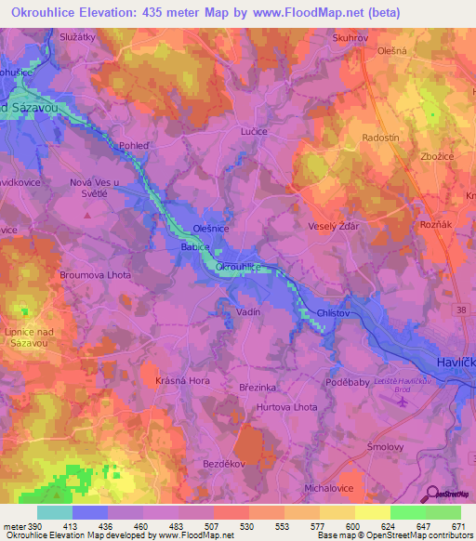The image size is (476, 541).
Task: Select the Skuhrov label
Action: click(x=351, y=38)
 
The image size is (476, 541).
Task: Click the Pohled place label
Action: click(x=135, y=146)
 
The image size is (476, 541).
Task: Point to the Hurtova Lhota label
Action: click(x=287, y=407)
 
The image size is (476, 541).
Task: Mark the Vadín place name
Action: click(x=248, y=313)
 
